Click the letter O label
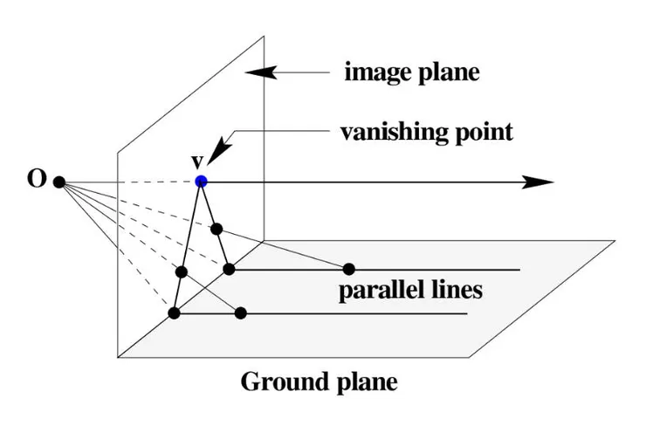(36, 182)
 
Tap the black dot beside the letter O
(59, 182)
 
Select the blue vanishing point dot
(202, 182)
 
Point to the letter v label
(197, 162)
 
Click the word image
(370, 73)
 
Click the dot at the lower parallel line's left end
(175, 313)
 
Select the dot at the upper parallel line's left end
(229, 269)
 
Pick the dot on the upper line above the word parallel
(349, 268)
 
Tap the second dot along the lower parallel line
(242, 313)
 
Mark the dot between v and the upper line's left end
(216, 230)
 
